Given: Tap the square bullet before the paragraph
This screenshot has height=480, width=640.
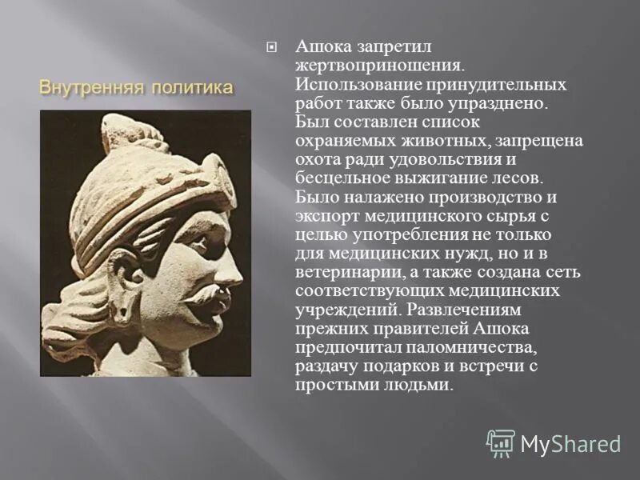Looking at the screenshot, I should [271, 47].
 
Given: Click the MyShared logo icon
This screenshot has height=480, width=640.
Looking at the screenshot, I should [501, 442].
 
